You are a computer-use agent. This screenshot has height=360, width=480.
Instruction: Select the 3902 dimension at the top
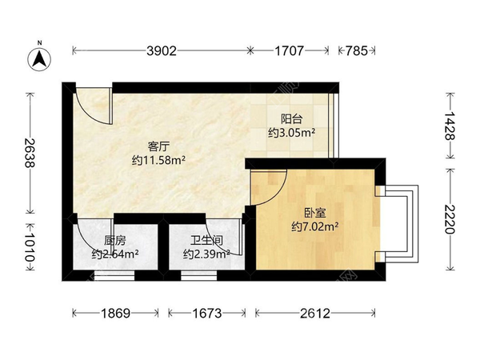161,51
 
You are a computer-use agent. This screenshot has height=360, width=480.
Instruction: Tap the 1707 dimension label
290,51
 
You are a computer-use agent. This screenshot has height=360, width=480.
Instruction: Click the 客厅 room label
158,146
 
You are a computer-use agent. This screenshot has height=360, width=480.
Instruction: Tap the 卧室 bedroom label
314,214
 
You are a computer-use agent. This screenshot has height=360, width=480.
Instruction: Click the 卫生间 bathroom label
206,240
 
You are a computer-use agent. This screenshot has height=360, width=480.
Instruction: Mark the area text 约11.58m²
158,160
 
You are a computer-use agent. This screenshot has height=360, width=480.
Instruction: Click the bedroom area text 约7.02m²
314,227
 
